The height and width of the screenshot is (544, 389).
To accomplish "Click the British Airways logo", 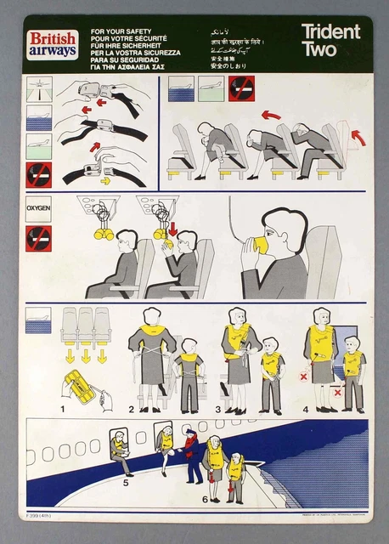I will [53, 43].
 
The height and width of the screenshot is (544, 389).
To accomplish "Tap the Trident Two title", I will [330, 40].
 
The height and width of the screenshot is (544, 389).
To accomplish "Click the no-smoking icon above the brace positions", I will [241, 88].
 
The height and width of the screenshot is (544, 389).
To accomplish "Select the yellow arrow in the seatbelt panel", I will [105, 180].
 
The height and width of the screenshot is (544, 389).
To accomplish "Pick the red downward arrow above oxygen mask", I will [172, 228].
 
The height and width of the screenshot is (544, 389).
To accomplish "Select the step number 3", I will [218, 409].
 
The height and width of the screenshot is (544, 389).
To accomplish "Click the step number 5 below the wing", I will [126, 482].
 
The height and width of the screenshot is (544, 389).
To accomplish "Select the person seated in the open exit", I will [119, 450].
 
